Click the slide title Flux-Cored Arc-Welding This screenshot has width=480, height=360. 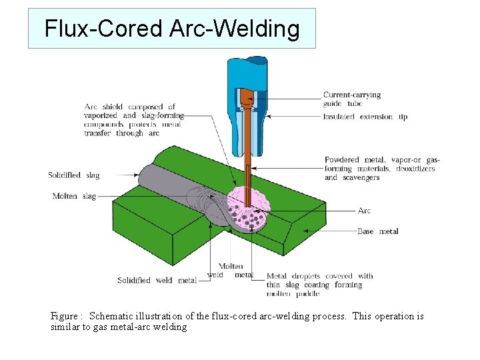click(171, 29)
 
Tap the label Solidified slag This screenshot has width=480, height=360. click(73, 175)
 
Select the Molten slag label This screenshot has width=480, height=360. click(74, 196)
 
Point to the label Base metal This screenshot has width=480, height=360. click(378, 231)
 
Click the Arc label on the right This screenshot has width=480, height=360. click(364, 211)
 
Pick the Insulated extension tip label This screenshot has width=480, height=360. click(365, 117)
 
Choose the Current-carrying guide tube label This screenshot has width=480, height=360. click(352, 99)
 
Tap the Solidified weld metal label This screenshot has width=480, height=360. click(157, 281)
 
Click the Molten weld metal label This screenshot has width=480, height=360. click(230, 271)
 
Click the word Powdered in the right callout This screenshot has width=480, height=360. click(342, 160)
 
